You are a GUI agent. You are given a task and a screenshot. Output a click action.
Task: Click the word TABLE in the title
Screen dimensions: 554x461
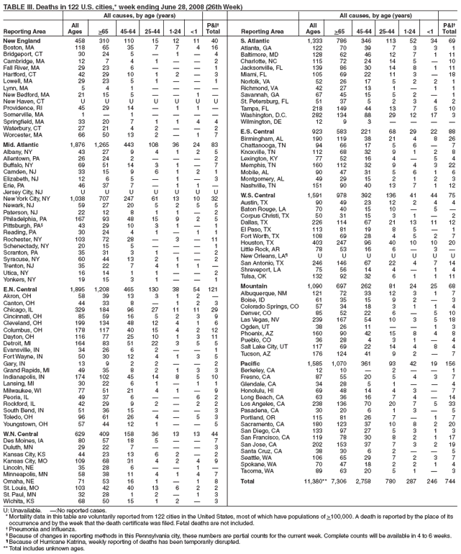pyautogui.click(x=14, y=4)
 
